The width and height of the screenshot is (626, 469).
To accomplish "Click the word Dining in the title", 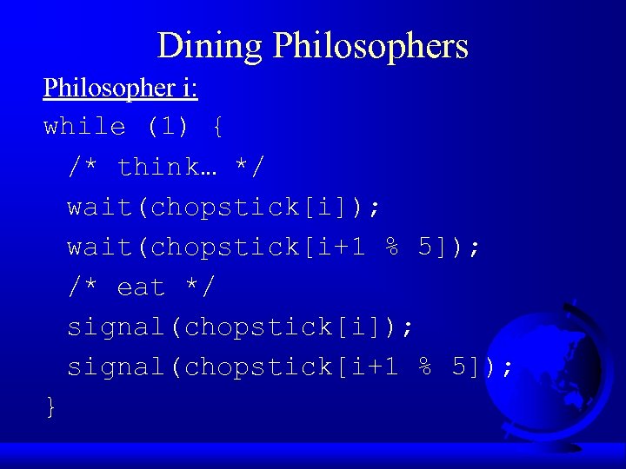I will (x=210, y=46).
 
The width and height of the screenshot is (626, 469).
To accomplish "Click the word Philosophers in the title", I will (x=371, y=46).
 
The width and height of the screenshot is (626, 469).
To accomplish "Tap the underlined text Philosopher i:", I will (x=121, y=88).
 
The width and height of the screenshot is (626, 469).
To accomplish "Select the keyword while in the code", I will (x=84, y=127).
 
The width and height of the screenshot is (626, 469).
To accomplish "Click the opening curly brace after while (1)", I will (x=216, y=127).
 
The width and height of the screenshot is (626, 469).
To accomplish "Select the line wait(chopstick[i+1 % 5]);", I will (x=273, y=247).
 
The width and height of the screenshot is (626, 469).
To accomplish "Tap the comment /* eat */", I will (x=142, y=287).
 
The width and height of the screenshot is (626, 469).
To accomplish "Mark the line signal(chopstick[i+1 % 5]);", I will (x=290, y=367).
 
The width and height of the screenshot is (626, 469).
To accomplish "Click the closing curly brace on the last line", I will (x=51, y=406).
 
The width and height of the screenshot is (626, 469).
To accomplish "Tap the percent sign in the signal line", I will (x=426, y=367).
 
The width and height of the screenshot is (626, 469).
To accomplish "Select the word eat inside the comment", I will (x=141, y=287).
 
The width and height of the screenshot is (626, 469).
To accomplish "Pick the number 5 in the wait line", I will (x=426, y=247).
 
